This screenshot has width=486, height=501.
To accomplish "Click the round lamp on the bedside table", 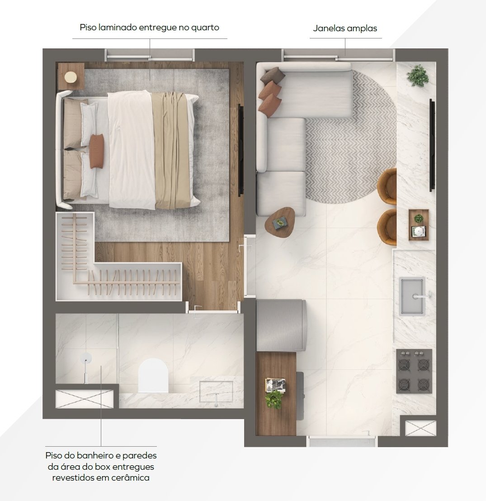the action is [x=71, y=77].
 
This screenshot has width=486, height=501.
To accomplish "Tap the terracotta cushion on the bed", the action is [x=96, y=151].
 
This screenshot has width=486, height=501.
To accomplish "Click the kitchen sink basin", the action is [x=412, y=296].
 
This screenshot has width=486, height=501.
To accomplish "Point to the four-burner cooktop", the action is [x=414, y=371].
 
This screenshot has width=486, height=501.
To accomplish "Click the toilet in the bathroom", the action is [x=153, y=376].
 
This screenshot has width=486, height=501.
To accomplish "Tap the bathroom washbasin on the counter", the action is [x=216, y=392].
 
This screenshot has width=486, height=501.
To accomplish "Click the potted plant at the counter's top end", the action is [x=417, y=76].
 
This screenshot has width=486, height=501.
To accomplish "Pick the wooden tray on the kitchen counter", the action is [x=419, y=224].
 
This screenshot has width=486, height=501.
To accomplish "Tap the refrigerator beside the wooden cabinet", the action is [x=282, y=325].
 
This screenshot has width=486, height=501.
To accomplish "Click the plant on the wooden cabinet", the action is [x=274, y=399].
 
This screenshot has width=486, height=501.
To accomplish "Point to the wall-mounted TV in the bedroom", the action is [x=241, y=149].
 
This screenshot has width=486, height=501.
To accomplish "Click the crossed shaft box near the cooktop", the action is [x=420, y=428].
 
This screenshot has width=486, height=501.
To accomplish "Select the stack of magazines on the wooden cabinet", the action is [x=275, y=385].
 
